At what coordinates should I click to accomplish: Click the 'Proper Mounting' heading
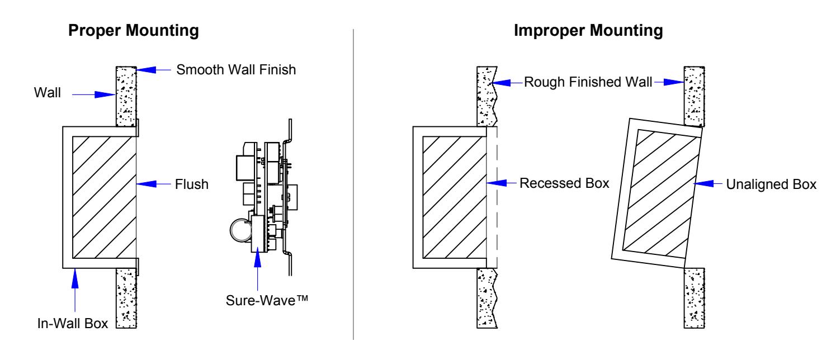point(133,31)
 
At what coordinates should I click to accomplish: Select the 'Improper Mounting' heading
point(588,31)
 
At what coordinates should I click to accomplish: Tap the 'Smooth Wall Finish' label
point(236,70)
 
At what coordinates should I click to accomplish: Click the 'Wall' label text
point(48,93)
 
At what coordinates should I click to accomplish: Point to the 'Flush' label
point(191,184)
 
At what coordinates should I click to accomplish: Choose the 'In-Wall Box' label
point(72,324)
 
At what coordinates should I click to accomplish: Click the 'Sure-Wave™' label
point(267,300)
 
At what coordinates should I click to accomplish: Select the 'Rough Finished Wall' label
point(588,82)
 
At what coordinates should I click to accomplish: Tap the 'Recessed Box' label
point(564,183)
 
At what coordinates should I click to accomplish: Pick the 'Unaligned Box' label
point(771,184)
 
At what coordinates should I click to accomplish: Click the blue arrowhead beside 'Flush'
point(147,183)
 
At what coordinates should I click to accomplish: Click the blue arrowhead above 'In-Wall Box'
point(75,278)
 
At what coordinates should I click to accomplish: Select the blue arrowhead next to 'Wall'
point(105,95)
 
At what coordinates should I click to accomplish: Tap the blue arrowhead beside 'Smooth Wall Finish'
point(147,69)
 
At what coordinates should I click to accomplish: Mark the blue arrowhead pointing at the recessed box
point(497,183)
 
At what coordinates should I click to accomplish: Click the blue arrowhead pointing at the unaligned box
point(703,183)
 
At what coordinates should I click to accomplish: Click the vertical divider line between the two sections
point(353,184)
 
